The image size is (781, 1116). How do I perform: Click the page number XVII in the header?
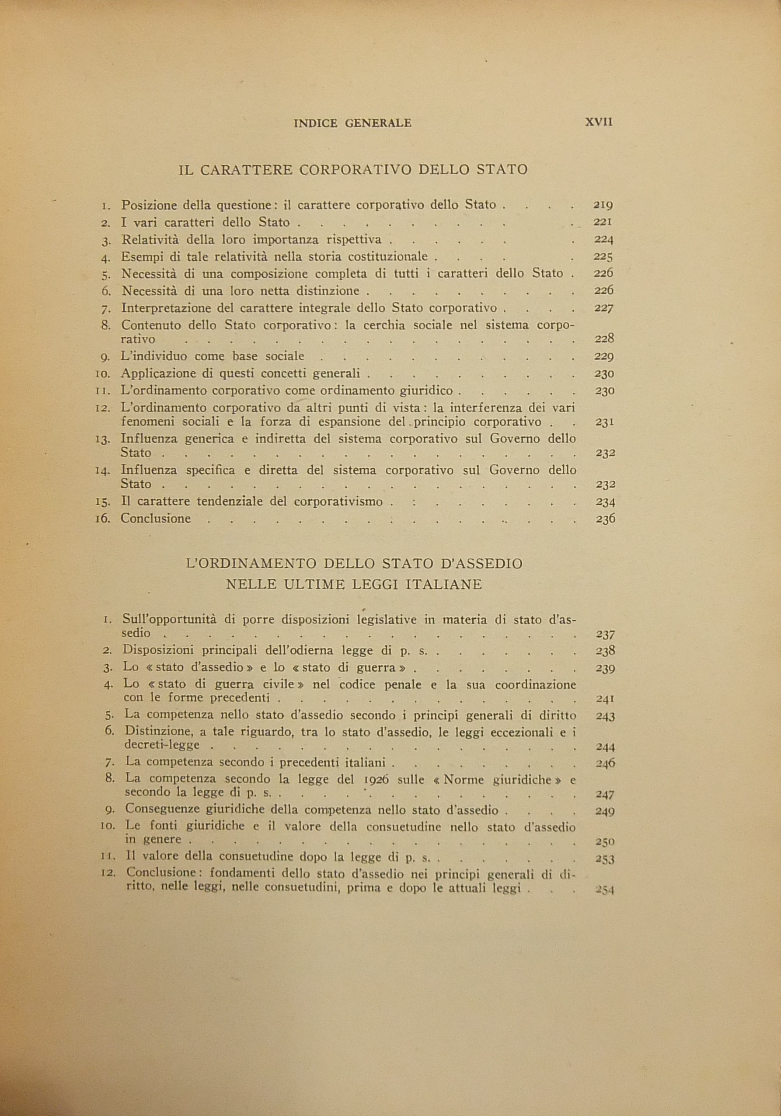pyautogui.click(x=599, y=122)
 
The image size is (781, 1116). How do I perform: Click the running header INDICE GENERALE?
pyautogui.click(x=353, y=123)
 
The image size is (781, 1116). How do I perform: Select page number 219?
pyautogui.click(x=603, y=205)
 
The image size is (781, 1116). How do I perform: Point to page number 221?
pyautogui.click(x=603, y=223)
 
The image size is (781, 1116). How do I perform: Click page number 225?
pyautogui.click(x=603, y=257)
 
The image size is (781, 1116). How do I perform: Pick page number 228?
pyautogui.click(x=604, y=339)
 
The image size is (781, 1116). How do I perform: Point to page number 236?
pyautogui.click(x=606, y=519)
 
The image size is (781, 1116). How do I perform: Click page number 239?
pyautogui.click(x=606, y=668)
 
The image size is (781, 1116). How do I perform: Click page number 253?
pyautogui.click(x=606, y=859)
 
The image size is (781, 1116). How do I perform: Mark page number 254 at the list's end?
pyautogui.click(x=605, y=890)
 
